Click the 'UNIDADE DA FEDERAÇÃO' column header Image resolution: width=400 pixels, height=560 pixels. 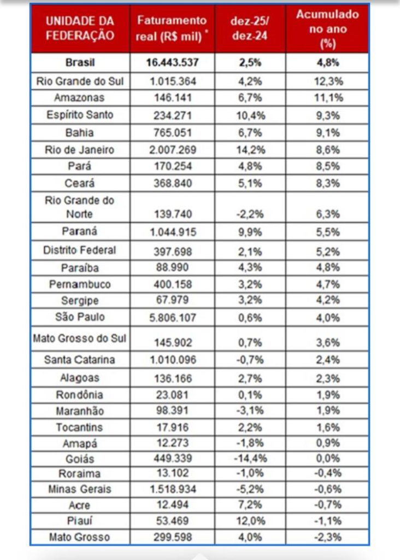tap(80, 28)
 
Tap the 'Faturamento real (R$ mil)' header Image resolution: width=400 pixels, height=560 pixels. tap(172, 28)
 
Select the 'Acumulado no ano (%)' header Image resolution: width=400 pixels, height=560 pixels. tap(327, 29)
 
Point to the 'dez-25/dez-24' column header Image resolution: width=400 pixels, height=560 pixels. tap(250, 28)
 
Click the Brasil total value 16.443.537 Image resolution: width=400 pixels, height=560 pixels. tap(172, 62)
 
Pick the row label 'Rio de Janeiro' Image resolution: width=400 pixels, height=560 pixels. tap(80, 149)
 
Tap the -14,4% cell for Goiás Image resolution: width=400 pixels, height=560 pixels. tap(250, 458)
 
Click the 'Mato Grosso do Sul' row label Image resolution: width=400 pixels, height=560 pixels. tap(80, 339)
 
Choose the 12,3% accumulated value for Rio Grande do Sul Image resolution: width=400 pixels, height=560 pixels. tap(327, 81)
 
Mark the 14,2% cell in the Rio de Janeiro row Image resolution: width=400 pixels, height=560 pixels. tap(250, 149)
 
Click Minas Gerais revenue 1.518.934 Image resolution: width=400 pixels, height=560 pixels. tap(172, 489)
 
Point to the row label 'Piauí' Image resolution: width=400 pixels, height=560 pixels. tap(80, 521)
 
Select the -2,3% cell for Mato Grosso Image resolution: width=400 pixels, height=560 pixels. tap(327, 537)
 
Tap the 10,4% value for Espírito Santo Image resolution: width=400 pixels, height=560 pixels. tap(250, 115)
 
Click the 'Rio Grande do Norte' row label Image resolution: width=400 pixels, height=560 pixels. tap(80, 207)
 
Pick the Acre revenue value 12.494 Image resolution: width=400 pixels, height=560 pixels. tap(172, 505)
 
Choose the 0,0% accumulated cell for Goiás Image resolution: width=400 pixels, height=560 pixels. tap(327, 458)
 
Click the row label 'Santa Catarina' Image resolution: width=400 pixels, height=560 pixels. tap(80, 360)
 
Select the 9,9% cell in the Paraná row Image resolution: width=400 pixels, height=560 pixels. tap(250, 232)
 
